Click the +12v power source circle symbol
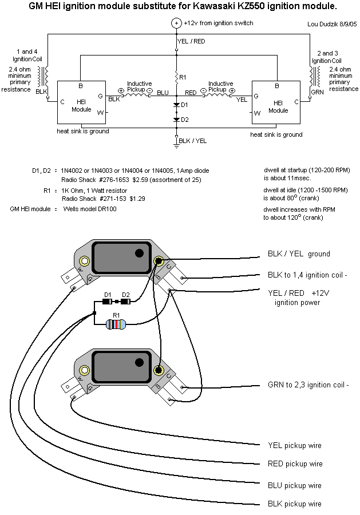(176, 23)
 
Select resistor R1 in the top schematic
(176, 76)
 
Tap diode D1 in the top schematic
(176, 105)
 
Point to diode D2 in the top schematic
(176, 120)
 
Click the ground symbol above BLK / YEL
(176, 144)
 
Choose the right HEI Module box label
(278, 106)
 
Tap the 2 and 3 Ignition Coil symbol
(312, 74)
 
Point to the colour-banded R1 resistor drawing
(116, 325)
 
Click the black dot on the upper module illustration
(139, 253)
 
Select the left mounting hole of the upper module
(85, 262)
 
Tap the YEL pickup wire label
(294, 445)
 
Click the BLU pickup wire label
(294, 485)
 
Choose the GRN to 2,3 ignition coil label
(308, 385)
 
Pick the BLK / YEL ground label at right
(299, 253)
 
